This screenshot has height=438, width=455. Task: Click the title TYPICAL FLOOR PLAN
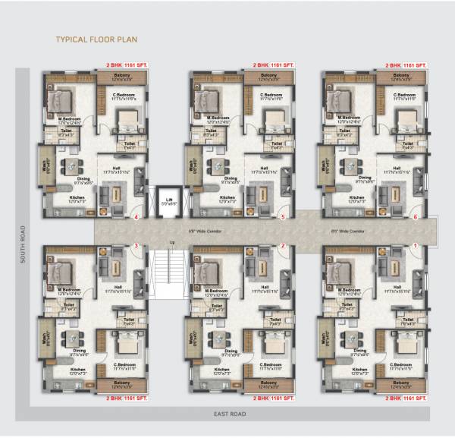pos(96,38)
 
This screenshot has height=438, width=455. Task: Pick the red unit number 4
pos(136,218)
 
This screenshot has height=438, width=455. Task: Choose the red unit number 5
pos(283,218)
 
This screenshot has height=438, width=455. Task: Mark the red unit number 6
pos(415,218)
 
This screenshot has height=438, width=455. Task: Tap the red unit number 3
pos(136,246)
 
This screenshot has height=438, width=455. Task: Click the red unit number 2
pos(283,246)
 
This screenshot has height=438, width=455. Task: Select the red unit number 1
pos(415,246)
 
